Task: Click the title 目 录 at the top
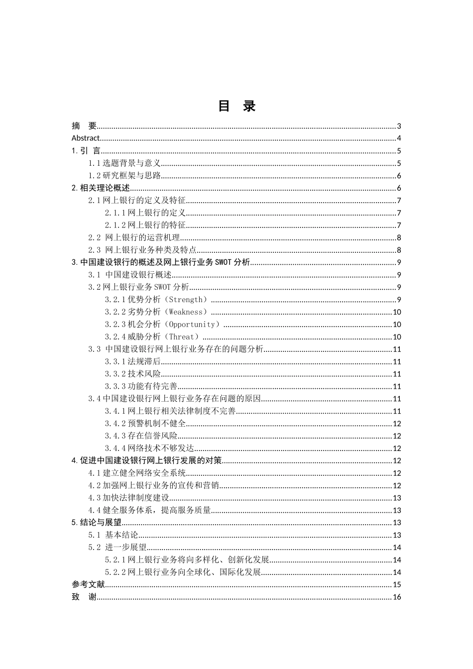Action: tap(236, 106)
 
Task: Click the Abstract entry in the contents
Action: tap(86, 138)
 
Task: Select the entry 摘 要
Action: tap(84, 126)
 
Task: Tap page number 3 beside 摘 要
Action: tap(399, 126)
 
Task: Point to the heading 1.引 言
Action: tap(86, 151)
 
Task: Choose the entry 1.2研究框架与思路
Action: tap(124, 176)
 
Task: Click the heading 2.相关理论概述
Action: tap(101, 188)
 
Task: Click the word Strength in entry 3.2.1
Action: tap(186, 300)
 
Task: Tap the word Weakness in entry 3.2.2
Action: tap(186, 312)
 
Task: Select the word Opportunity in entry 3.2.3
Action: tap(192, 325)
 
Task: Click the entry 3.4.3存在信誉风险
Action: tap(141, 436)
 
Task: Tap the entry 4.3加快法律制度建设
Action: tap(129, 498)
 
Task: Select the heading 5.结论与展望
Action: tap(97, 523)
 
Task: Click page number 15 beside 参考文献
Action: tap(397, 585)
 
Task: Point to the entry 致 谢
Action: tap(84, 597)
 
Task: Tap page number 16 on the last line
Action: tap(397, 597)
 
